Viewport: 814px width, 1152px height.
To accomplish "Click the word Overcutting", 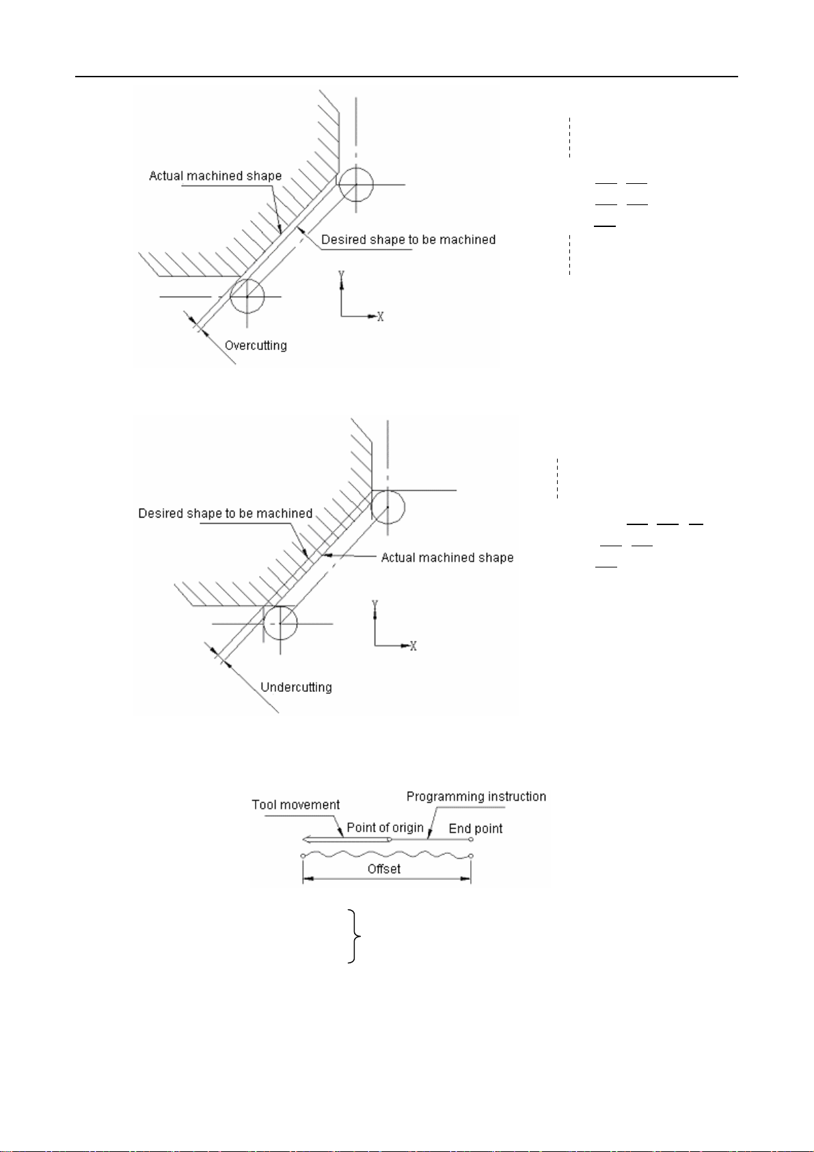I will [x=256, y=345].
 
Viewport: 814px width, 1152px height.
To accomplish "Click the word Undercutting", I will [x=296, y=687].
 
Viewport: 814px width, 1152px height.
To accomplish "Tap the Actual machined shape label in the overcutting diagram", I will [x=215, y=176].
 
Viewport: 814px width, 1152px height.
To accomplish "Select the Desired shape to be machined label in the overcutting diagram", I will [x=408, y=239].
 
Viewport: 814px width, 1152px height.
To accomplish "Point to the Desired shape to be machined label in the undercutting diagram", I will [x=225, y=513].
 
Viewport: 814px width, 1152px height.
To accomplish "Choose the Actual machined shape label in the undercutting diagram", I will [x=447, y=557].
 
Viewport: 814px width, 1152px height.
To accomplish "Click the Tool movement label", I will [x=295, y=805].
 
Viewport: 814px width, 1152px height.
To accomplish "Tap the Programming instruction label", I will [x=476, y=796].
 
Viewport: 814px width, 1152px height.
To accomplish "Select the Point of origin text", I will [x=385, y=827].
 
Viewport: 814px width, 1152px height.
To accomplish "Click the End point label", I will [x=475, y=829].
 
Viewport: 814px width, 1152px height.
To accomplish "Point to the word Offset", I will [x=384, y=869].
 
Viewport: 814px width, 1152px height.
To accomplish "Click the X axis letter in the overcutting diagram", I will [x=381, y=317].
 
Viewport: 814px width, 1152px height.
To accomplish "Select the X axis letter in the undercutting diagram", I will [x=413, y=645].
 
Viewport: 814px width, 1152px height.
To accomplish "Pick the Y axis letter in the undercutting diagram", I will [x=374, y=605].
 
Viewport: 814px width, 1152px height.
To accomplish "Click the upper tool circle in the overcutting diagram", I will [x=356, y=184].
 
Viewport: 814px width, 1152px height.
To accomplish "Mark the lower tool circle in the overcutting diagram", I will [x=247, y=296].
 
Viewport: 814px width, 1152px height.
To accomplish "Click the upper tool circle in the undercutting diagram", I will [x=388, y=507].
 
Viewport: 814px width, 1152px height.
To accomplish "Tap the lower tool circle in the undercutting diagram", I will [x=280, y=624].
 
